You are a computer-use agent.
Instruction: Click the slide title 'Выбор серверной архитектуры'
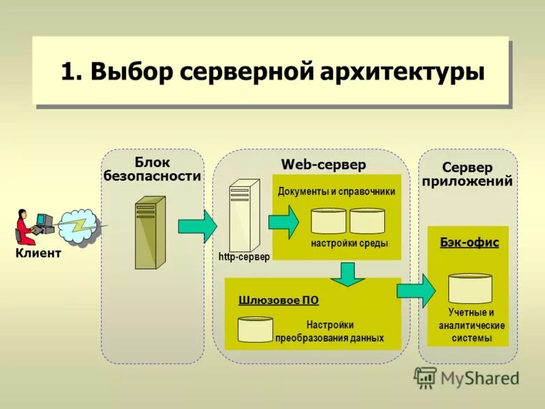coord(272,72)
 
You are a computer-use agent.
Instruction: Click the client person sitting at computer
coord(25,227)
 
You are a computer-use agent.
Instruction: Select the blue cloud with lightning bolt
coord(80,227)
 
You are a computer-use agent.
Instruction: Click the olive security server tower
coord(150,232)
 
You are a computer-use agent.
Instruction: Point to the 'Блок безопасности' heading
coord(152,169)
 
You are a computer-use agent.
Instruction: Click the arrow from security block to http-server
coord(197,226)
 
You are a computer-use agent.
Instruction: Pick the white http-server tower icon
coord(244,214)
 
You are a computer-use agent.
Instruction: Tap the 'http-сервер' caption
coord(245,257)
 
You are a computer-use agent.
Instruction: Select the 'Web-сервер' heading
coord(324,165)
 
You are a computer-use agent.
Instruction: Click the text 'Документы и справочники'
coord(337,192)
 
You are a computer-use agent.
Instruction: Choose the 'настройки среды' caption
coord(349,243)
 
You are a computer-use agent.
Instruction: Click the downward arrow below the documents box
coord(349,273)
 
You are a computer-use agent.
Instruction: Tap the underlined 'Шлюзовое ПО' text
coord(279,300)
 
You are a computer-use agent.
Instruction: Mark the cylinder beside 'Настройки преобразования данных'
coord(255,329)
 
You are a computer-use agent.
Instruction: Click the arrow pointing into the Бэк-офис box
coord(416,290)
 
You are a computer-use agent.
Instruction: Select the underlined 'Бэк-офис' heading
coord(469,243)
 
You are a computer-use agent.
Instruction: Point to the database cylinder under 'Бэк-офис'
coord(470,288)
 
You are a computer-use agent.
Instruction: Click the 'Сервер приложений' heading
coord(467,175)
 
